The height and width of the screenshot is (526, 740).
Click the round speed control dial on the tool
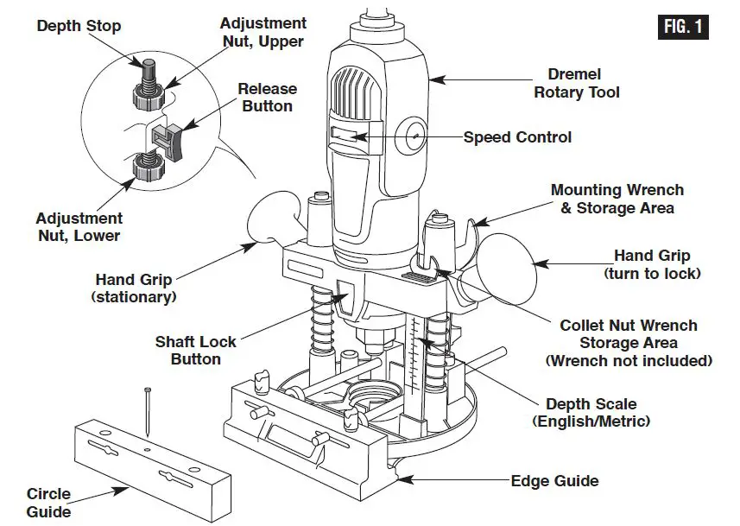[x=414, y=136]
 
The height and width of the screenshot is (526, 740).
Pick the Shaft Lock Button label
[x=195, y=351]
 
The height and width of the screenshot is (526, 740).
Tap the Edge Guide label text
[x=554, y=481]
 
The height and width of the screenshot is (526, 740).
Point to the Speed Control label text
[x=517, y=137]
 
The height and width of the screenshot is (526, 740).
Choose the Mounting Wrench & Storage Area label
[x=617, y=199]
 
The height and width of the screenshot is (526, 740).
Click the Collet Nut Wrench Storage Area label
[x=628, y=343]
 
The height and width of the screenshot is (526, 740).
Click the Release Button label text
[x=267, y=98]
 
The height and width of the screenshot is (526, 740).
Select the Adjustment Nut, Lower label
[x=79, y=227]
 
